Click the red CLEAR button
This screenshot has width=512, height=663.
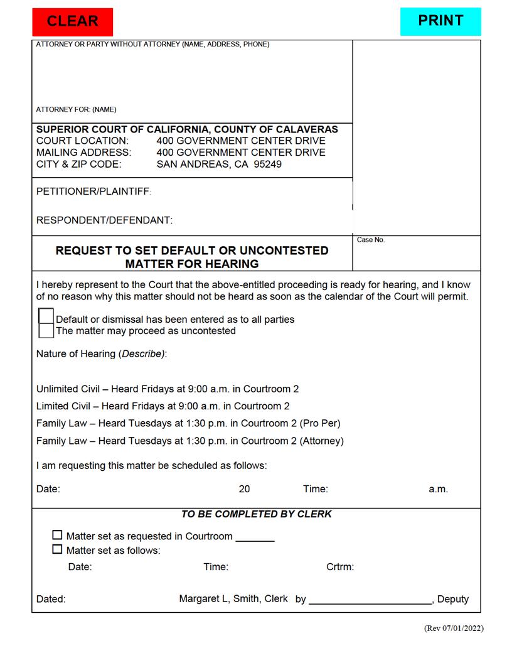point(72,21)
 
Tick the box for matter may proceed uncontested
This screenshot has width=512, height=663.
point(46,330)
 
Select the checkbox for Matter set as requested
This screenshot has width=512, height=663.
point(57,536)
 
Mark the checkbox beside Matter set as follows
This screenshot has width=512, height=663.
point(57,549)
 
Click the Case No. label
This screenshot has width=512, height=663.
point(370,240)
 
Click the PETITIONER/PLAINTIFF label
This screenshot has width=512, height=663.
point(93,191)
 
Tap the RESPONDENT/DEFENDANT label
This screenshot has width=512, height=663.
point(104,220)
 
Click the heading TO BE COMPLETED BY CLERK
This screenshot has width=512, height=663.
point(256,514)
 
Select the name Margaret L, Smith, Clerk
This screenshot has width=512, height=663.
point(233,599)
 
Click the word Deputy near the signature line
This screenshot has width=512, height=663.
point(453,599)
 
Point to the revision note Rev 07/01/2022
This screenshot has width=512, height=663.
point(454,628)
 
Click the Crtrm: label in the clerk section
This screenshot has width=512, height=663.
point(340,567)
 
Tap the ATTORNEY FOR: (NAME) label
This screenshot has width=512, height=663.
point(76,109)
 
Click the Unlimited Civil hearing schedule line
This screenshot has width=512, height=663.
point(168,389)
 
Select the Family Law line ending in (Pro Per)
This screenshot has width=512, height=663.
point(188,423)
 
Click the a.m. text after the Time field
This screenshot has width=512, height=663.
point(438,489)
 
